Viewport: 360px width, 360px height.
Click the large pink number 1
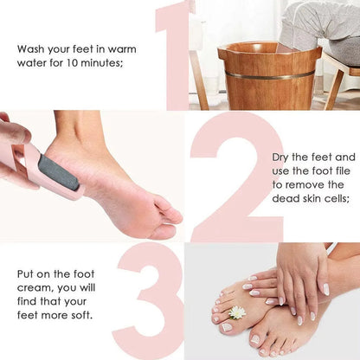point(176,52)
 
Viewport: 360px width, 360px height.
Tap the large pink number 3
point(151,299)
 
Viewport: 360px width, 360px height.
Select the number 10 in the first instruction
point(66,62)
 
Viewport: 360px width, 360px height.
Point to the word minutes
point(102,62)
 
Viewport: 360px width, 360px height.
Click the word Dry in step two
point(277,157)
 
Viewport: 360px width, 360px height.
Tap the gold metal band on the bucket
point(269,75)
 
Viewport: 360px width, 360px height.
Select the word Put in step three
point(26,273)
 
